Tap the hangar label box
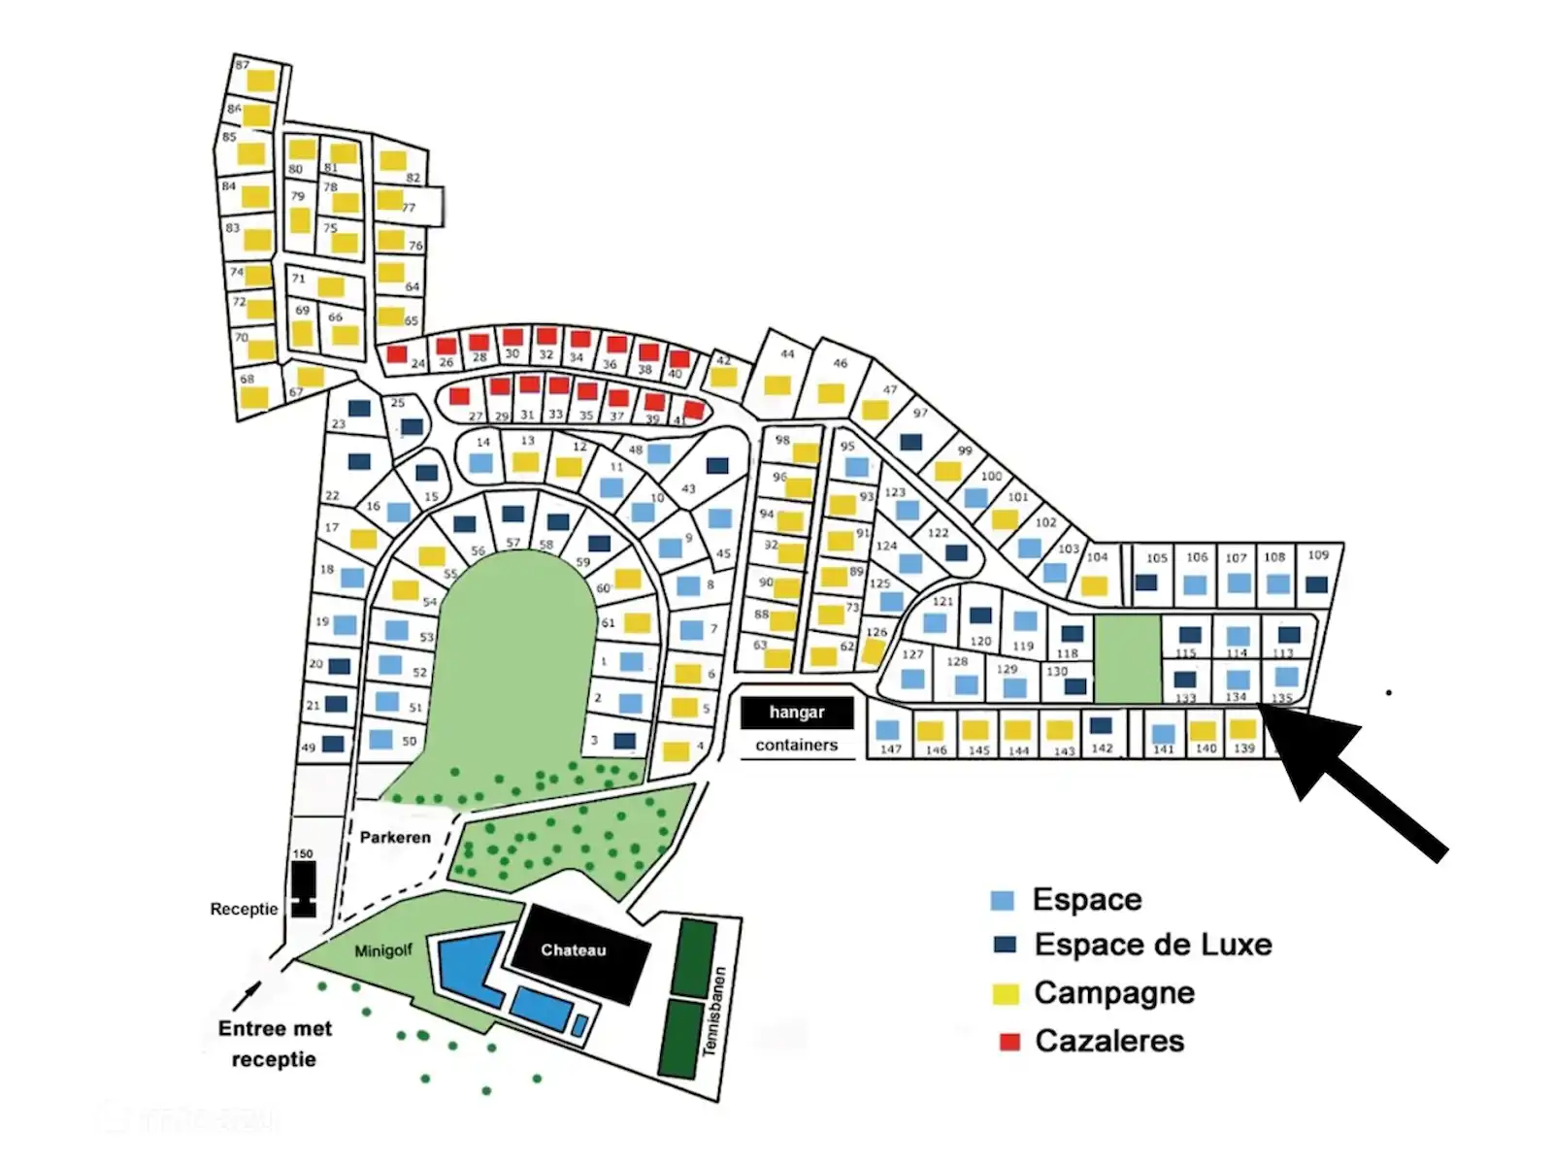pyautogui.click(x=797, y=713)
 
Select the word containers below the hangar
pyautogui.click(x=797, y=746)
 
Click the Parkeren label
pyautogui.click(x=395, y=837)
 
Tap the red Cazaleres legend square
pyautogui.click(x=1009, y=1042)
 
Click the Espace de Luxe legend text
pyautogui.click(x=1153, y=945)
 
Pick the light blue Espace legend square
pyautogui.click(x=1002, y=900)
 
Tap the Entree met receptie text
pyautogui.click(x=275, y=1044)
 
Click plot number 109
pyautogui.click(x=1317, y=573)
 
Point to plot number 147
pyautogui.click(x=888, y=736)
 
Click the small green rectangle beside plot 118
pyautogui.click(x=1128, y=658)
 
